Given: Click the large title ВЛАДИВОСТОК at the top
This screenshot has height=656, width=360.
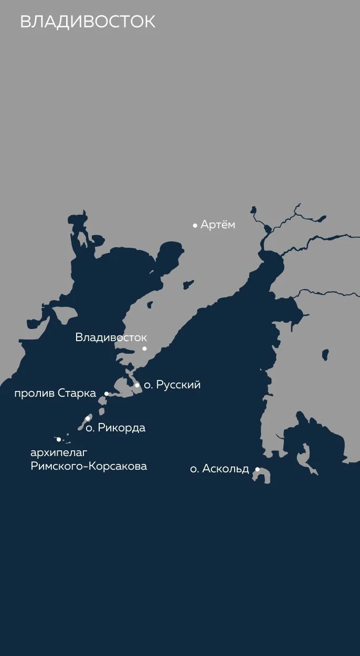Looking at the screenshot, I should click(x=88, y=22).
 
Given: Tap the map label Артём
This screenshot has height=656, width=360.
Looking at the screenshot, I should click(x=218, y=225).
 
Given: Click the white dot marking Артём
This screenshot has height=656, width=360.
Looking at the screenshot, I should click(x=195, y=226).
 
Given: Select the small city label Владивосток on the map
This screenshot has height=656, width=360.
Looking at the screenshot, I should click(x=111, y=337).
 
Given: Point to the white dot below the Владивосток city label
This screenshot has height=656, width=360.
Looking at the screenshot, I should click(x=144, y=348).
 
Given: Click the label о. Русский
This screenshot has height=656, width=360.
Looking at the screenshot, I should click(x=172, y=385).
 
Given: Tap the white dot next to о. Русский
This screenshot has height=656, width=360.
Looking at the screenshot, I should click(x=137, y=385).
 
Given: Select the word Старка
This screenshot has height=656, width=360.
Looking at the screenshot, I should click(x=77, y=394).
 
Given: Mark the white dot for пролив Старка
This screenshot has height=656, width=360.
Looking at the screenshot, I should click(x=107, y=394).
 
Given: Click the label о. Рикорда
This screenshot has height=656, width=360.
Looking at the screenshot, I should click(x=115, y=428).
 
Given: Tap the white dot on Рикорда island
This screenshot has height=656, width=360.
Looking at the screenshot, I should click(x=88, y=419).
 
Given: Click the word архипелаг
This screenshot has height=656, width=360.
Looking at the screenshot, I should click(x=58, y=452).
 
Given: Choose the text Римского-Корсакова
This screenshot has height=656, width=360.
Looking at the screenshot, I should click(x=89, y=466).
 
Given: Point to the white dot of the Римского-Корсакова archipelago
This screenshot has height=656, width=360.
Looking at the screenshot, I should click(x=59, y=439).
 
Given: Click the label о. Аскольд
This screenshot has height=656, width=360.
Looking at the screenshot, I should click(x=219, y=469).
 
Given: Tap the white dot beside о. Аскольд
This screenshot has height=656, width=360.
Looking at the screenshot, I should click(x=257, y=469).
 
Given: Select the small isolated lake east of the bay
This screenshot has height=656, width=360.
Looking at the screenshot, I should click(x=325, y=355).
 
